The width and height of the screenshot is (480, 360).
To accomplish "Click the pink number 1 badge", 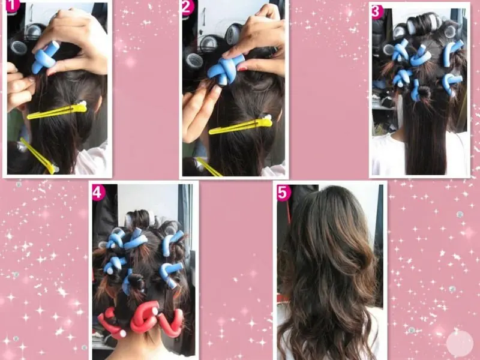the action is pyautogui.click(x=12, y=5).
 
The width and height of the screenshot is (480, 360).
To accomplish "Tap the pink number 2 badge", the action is pyautogui.click(x=187, y=7).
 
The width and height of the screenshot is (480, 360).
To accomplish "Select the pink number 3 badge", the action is pyautogui.click(x=377, y=12).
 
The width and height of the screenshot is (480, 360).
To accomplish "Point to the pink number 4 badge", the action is pyautogui.click(x=98, y=193).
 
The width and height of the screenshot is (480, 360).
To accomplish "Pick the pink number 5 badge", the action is pyautogui.click(x=284, y=193).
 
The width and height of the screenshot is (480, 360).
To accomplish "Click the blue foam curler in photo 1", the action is pyautogui.click(x=45, y=58).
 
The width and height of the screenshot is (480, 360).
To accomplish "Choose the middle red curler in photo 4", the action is pyautogui.click(x=145, y=317).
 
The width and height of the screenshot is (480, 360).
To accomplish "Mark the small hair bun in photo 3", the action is pyautogui.click(x=424, y=92).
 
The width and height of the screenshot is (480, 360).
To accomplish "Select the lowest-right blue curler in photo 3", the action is pyautogui.click(x=451, y=83).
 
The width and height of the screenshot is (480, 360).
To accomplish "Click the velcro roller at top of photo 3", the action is pyautogui.click(x=427, y=21).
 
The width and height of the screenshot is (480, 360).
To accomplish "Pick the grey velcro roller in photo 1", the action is pyautogui.click(x=19, y=47).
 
